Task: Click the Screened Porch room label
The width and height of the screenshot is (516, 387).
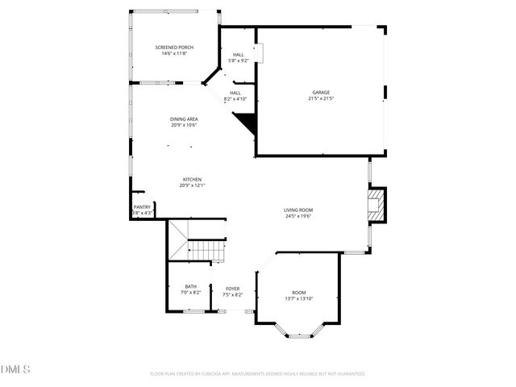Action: pos(174,48)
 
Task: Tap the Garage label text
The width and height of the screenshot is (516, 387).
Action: pos(321,93)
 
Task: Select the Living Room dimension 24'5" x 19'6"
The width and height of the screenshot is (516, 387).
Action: pos(298,216)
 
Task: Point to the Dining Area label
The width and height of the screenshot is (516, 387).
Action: pos(184,119)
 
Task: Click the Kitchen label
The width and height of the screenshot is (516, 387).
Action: pos(192,179)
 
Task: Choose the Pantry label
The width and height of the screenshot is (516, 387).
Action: pos(142,206)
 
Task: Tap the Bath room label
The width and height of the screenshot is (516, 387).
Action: pos(190,286)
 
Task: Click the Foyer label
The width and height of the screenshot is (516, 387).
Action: pos(232,289)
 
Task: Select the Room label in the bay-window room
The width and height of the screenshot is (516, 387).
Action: pos(298,293)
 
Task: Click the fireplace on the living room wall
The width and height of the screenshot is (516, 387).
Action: pos(377,205)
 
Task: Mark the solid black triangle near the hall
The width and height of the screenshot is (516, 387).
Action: pos(247,123)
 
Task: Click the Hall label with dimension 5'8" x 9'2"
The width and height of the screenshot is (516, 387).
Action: pos(239,55)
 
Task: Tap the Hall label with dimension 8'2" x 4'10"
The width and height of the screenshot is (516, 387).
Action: pos(235,93)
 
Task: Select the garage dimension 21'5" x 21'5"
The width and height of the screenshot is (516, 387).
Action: pos(321,99)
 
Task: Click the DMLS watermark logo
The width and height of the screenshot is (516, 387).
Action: pos(15,369)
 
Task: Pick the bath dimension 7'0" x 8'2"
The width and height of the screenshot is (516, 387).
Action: pos(190,293)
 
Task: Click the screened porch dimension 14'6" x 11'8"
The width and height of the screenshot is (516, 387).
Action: pos(174,54)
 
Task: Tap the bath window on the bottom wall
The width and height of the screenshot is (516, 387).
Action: pos(193,310)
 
